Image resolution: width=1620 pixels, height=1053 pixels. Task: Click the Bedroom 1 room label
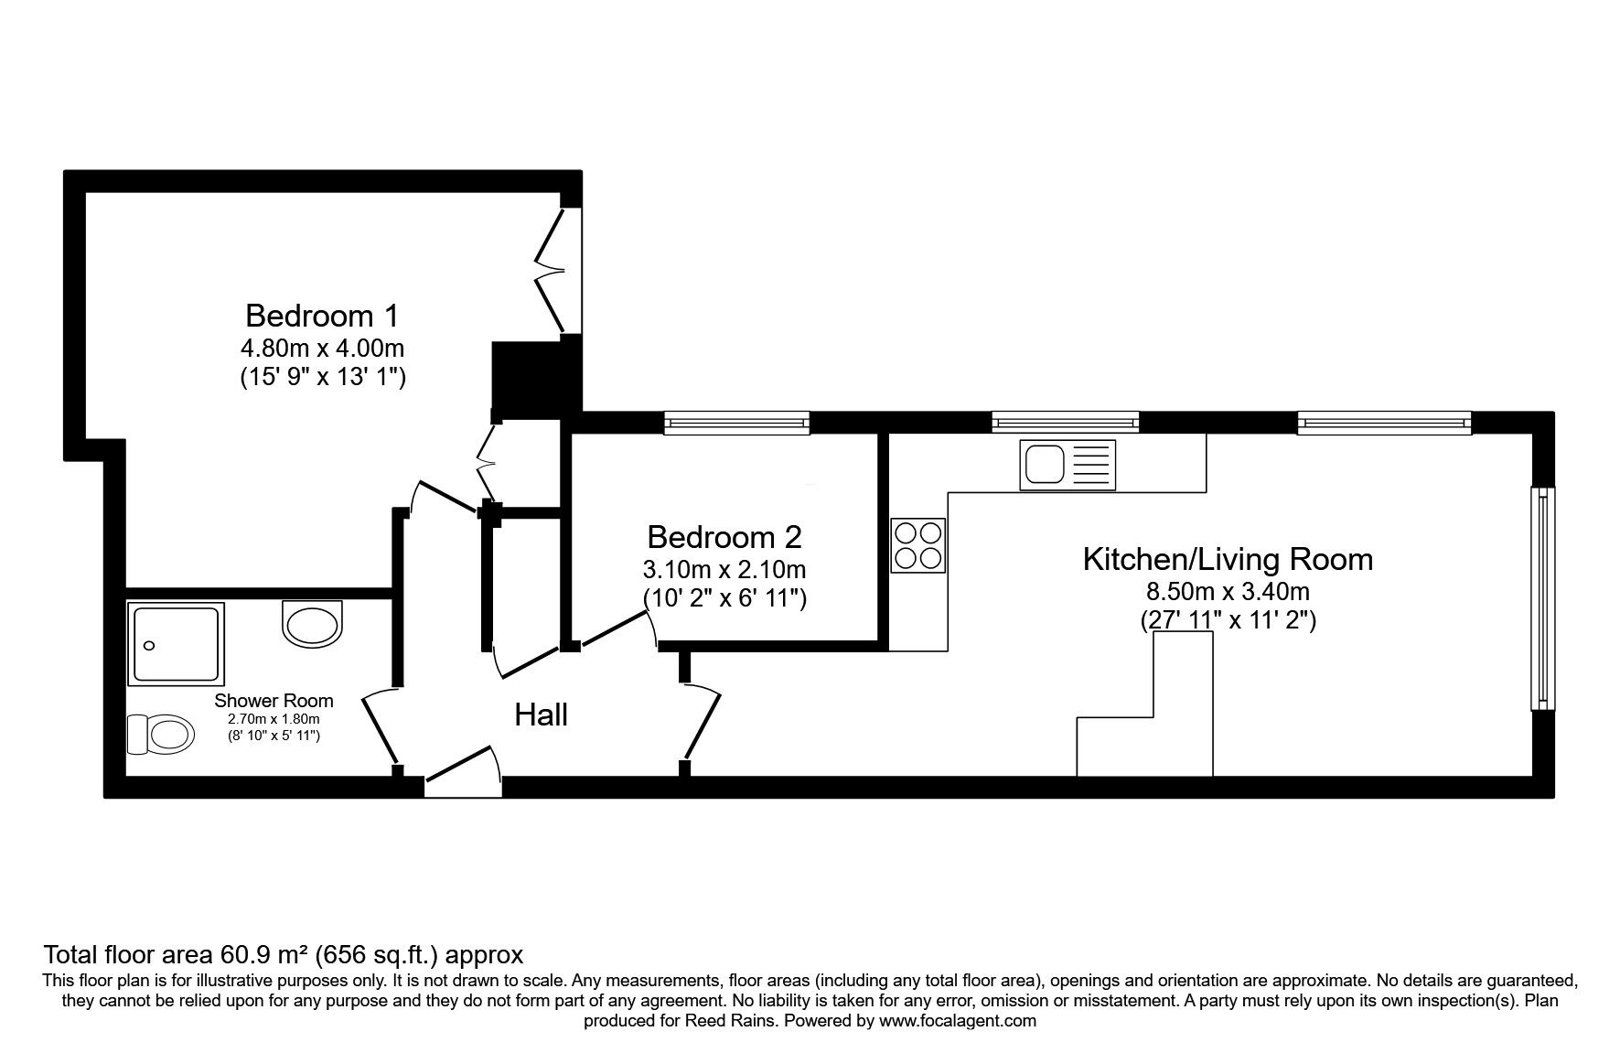coord(322,316)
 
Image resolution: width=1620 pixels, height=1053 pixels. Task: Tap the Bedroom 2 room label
coord(724,536)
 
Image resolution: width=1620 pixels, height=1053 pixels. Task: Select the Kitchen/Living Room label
coord(1228,559)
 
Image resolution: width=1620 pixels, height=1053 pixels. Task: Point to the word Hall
coord(542,715)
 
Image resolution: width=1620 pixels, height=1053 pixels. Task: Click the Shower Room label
coord(274,701)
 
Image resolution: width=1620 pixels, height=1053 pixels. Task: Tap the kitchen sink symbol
coord(1067,465)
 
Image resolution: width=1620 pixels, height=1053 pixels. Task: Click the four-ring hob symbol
coord(918,545)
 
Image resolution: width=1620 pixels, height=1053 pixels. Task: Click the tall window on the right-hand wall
coord(1543,597)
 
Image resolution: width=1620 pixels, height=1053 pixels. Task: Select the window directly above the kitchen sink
coord(1066,422)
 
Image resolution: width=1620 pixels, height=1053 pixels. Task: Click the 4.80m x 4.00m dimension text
coord(322,349)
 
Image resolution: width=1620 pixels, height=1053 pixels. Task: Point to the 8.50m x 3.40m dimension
coord(1228,591)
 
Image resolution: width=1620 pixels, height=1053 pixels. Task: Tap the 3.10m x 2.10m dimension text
coord(724,570)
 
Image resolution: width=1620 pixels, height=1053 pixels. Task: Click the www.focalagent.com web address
coord(958,1021)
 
